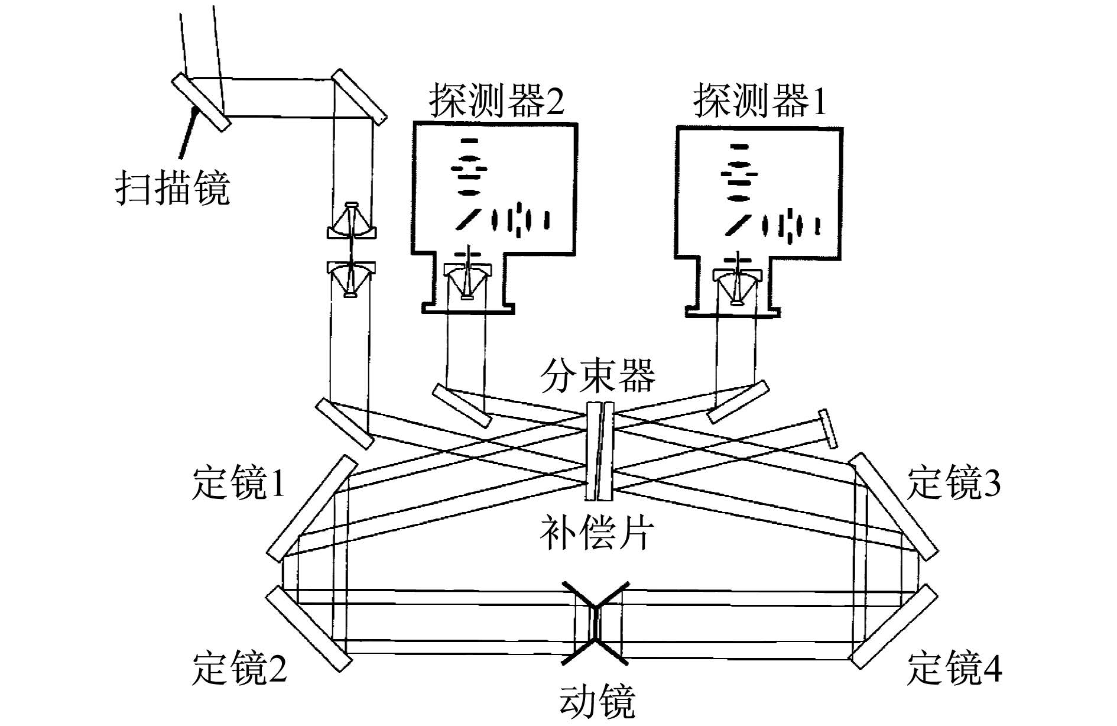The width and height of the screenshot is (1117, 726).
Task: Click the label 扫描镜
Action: pos(172,188)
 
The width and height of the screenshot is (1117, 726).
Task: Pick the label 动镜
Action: pos(597,701)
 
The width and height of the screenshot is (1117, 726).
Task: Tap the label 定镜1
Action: pos(239,483)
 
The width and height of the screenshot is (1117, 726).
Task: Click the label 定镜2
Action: pos(239,668)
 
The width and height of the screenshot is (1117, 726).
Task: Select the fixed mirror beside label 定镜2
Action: pos(306,628)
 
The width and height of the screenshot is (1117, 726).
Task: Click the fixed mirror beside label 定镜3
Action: pos(894,507)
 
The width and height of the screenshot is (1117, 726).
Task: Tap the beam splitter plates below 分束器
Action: pos(601,451)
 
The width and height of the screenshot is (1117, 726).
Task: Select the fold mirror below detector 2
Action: pos(462,406)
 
